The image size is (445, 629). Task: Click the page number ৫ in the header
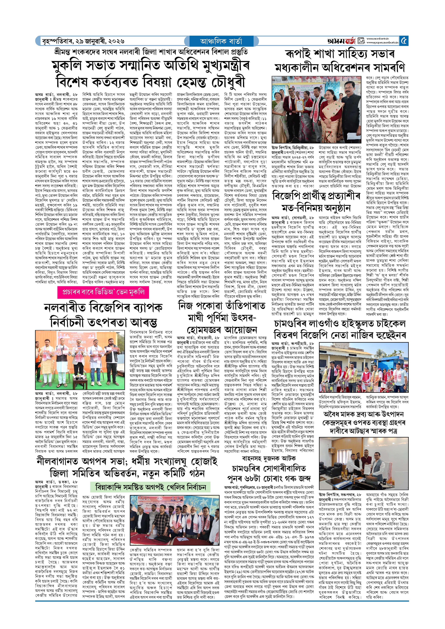click(404, 41)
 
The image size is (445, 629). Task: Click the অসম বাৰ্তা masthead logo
click(341, 41)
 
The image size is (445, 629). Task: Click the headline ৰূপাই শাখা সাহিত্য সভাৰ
click(340, 54)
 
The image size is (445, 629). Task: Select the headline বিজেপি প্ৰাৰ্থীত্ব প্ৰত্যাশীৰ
click(316, 196)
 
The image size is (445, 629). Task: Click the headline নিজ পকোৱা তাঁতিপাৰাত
click(222, 305)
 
